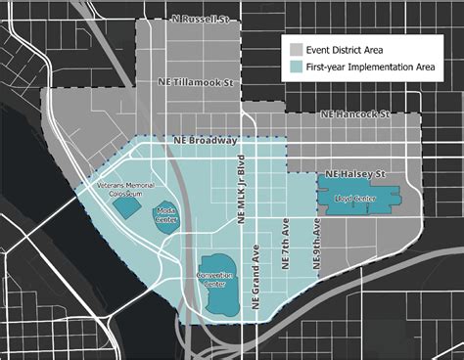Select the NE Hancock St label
pyautogui.click(x=355, y=114)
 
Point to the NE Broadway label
pyautogui.click(x=208, y=140)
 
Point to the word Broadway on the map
pyautogui.click(x=219, y=140)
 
